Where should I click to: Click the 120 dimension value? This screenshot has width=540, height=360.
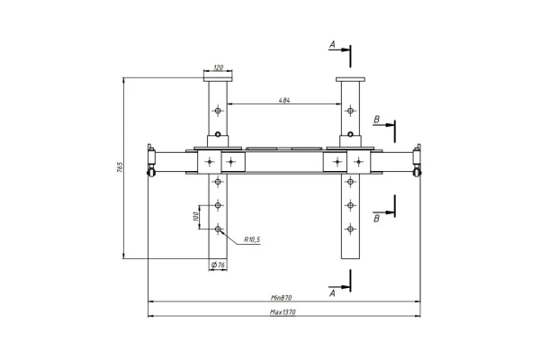click(219, 67)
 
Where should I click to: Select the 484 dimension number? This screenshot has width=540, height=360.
click(284, 100)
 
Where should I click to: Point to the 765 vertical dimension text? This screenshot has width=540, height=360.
click(120, 167)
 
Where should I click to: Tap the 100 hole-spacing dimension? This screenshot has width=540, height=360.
click(195, 216)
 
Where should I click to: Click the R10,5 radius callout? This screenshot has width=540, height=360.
click(252, 239)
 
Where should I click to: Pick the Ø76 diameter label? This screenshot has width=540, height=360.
click(218, 265)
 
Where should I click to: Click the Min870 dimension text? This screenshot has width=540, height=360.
click(282, 297)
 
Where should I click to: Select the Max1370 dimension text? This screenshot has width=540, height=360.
click(283, 312)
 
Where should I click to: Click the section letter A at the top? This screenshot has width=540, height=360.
click(332, 44)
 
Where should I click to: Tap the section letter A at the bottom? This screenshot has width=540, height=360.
click(332, 293)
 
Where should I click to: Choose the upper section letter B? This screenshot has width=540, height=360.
click(376, 120)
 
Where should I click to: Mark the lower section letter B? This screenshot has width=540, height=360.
click(376, 219)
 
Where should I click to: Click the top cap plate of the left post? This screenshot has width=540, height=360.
click(218, 79)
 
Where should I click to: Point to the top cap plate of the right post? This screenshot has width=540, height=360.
click(350, 79)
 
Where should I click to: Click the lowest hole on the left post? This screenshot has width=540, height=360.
click(218, 229)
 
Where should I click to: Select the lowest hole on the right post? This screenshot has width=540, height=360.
click(350, 229)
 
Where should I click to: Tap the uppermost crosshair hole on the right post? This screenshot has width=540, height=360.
click(350, 111)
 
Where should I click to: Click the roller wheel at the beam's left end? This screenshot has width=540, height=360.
click(150, 173)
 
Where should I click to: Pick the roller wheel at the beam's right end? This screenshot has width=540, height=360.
click(417, 173)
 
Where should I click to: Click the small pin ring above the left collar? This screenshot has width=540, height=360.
click(218, 134)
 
